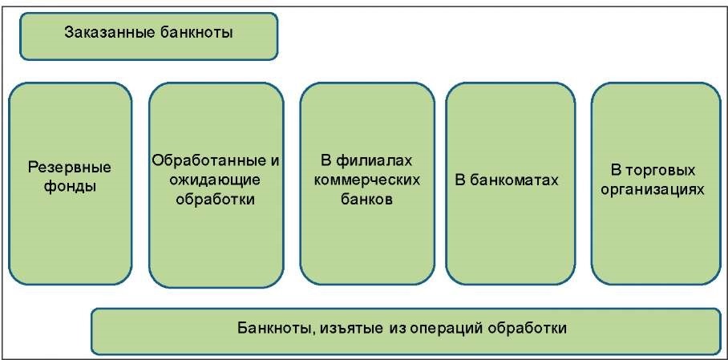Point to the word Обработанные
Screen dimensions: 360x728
tap(209, 160)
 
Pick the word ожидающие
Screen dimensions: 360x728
tap(215, 180)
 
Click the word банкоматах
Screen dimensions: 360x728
tap(516, 180)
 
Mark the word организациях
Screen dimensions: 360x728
tap(656, 190)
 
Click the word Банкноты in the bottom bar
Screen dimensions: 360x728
tap(269, 328)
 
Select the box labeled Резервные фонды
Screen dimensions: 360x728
tap(69, 241)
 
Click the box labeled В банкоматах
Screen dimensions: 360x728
tap(509, 241)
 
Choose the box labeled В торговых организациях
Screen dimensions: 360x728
tap(655, 241)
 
